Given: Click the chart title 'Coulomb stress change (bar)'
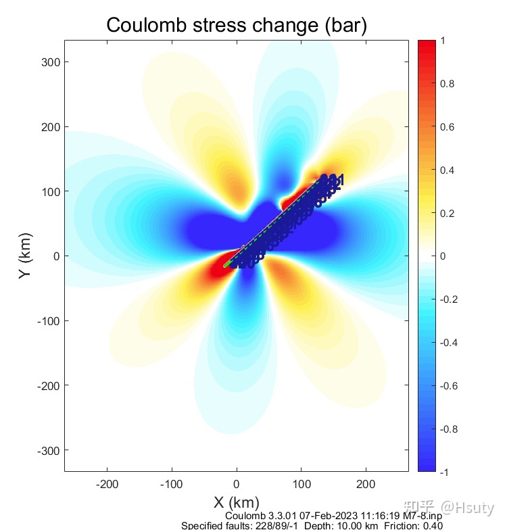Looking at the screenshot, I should (237, 25).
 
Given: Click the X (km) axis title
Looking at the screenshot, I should (236, 503).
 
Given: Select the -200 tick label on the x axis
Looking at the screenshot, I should (107, 484).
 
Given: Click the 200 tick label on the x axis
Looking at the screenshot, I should (366, 484).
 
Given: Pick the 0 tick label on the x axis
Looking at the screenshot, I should (237, 484).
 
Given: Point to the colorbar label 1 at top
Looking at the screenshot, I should (443, 41).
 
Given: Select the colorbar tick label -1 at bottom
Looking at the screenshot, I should (445, 472).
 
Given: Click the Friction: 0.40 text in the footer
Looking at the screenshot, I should (414, 526).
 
